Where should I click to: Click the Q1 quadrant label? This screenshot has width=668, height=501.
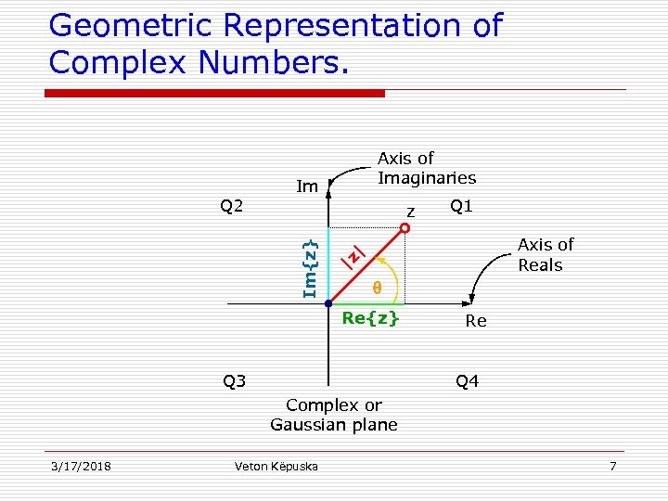pos(461,206)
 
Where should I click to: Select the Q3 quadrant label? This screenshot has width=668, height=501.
pos(234,380)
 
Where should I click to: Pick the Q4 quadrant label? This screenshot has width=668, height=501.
pos(467,381)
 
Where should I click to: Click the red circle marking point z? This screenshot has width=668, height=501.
pos(405,226)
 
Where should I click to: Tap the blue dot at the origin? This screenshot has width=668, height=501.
pos(328,303)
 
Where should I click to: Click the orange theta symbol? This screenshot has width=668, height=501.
pos(377,288)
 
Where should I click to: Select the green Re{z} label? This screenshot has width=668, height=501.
pos(370,318)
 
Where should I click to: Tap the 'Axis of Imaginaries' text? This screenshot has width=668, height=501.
pos(426,168)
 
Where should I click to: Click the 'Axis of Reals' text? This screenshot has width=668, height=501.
pos(545,254)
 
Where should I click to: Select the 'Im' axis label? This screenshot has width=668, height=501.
pos(307,187)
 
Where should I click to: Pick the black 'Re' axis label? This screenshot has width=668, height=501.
pos(476,321)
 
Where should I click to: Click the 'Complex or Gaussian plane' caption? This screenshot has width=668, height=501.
pos(334,415)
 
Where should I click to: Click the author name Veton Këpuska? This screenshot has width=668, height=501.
pos(276,466)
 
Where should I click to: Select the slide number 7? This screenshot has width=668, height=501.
pos(612,466)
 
